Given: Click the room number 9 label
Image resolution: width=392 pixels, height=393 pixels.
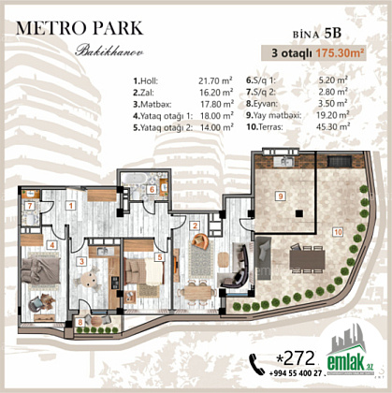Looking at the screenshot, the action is tap(281, 196).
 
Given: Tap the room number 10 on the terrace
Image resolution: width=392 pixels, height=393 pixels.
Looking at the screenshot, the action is tap(338, 232).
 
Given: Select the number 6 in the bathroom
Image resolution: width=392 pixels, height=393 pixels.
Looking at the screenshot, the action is tap(152, 189).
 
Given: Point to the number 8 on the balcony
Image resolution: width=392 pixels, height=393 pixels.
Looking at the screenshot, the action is tap(80, 322).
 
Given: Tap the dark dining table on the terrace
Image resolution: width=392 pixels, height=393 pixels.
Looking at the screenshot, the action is tap(307, 259).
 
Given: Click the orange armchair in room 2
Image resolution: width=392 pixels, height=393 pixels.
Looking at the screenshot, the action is tap(200, 240).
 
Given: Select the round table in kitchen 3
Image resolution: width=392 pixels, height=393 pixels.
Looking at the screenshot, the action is tap(90, 279).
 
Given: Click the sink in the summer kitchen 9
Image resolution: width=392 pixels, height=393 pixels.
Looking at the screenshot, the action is tap(283, 162).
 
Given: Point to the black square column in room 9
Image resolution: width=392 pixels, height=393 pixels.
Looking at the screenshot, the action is tap(299, 213).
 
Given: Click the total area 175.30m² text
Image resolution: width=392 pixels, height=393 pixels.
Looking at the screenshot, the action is tap(340, 53).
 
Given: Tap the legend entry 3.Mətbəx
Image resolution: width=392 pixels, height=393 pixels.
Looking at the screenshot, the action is tap(152, 104).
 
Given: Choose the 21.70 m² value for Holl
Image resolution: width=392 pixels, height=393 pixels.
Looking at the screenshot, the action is tap(215, 80).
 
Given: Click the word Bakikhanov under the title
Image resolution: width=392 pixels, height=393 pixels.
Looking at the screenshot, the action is tap(109, 51).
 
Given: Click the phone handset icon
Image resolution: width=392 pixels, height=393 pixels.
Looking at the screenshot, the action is tap(256, 364).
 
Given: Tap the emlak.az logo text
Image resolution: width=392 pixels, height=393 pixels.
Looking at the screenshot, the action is tap(350, 363).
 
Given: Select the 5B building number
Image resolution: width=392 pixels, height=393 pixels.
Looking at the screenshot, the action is tap(333, 33).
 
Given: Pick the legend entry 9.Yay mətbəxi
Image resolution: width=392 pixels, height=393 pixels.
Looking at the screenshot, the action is tap(274, 115).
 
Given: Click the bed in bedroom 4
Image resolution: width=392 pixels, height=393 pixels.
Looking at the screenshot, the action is tap(41, 270).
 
